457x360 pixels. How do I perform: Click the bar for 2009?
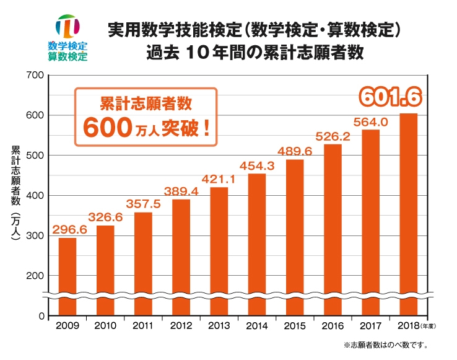[67, 276]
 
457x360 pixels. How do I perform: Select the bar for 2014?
[256, 244]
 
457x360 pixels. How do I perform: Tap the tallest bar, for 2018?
[408, 214]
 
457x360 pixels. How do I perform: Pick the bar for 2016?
[333, 229]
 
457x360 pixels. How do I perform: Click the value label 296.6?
[69, 229]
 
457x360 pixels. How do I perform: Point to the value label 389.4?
[181, 191]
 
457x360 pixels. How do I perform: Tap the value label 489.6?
[294, 151]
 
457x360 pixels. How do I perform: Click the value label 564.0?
[371, 122]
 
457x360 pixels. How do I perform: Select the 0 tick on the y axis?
[41, 316]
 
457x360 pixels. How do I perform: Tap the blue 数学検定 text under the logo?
[67, 46]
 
